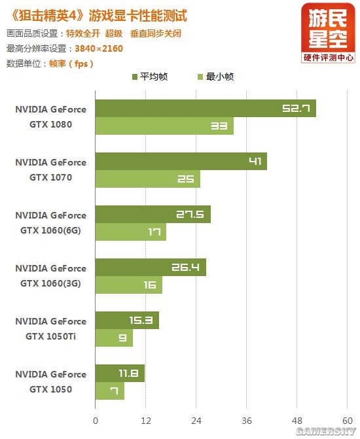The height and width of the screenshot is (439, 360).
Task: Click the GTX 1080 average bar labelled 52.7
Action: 206,108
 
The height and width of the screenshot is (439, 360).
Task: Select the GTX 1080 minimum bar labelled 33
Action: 164,126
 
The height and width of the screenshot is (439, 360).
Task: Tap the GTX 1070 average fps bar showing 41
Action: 181,161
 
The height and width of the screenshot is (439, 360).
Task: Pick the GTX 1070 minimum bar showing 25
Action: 148,179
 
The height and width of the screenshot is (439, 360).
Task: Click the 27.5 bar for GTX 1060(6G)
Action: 153,214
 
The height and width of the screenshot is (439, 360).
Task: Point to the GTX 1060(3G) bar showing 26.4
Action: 151,268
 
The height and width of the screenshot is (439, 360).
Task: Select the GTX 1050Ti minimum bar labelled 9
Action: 114,338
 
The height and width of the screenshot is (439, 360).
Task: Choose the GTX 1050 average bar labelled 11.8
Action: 120,374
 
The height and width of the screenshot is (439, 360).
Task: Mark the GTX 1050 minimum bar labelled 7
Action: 110,391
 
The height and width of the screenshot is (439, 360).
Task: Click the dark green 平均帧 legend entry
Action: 150,77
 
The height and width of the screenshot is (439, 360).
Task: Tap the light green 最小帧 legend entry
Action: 215,77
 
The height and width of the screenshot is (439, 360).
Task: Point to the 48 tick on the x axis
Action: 297,421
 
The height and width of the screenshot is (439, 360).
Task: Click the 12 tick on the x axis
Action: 146,421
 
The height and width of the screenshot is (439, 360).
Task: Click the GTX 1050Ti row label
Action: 50,329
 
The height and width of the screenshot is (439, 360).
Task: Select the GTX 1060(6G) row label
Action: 50,223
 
